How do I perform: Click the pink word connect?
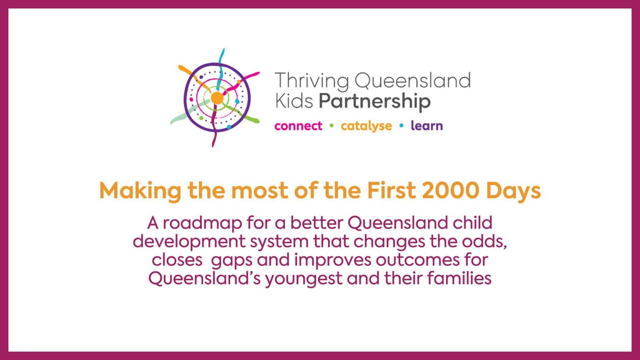click(x=298, y=126)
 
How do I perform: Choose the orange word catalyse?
click(x=366, y=126)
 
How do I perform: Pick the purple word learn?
click(x=427, y=126)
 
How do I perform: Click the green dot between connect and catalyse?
click(x=332, y=125)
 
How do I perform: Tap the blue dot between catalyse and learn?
click(x=402, y=125)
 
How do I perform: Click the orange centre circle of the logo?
click(x=217, y=98)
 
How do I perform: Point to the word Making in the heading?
click(x=140, y=191)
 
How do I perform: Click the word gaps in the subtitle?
click(x=232, y=260)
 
